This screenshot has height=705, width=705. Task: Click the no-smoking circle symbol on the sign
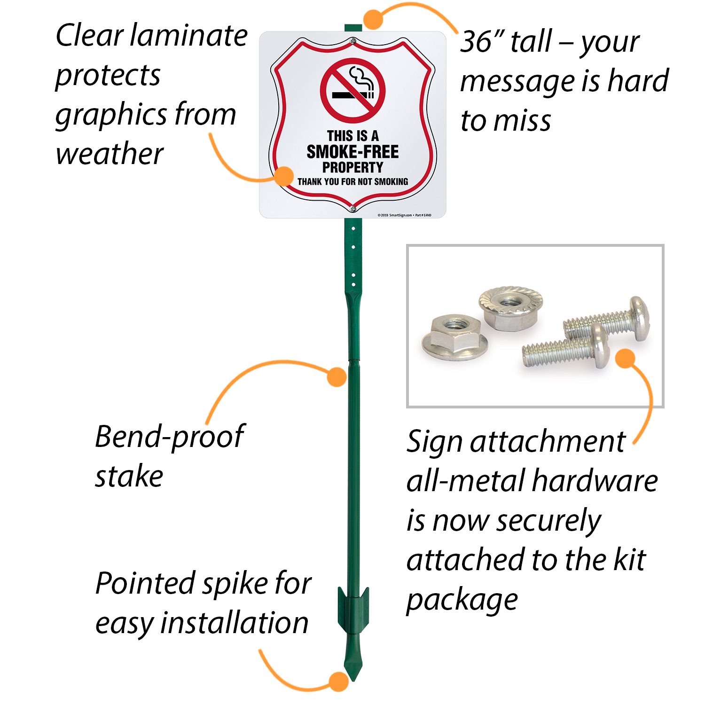pos(352,91)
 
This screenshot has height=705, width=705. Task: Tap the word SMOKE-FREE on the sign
pos(352,152)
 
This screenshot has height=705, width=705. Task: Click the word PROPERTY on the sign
pos(352,167)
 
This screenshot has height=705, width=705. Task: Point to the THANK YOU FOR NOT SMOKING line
pos(352,182)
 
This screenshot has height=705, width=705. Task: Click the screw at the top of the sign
pos(352,42)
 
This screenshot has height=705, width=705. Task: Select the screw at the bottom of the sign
pos(353,208)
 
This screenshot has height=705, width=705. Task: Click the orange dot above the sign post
pos(374,20)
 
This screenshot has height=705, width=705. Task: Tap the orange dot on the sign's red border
pos(284,176)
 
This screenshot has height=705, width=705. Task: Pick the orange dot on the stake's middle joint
pos(337,377)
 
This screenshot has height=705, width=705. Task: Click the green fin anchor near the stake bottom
pos(353,609)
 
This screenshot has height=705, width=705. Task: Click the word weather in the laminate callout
pos(110,154)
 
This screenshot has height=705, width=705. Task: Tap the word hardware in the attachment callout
pos(595,481)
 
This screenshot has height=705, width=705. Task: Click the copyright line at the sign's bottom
pos(404,215)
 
